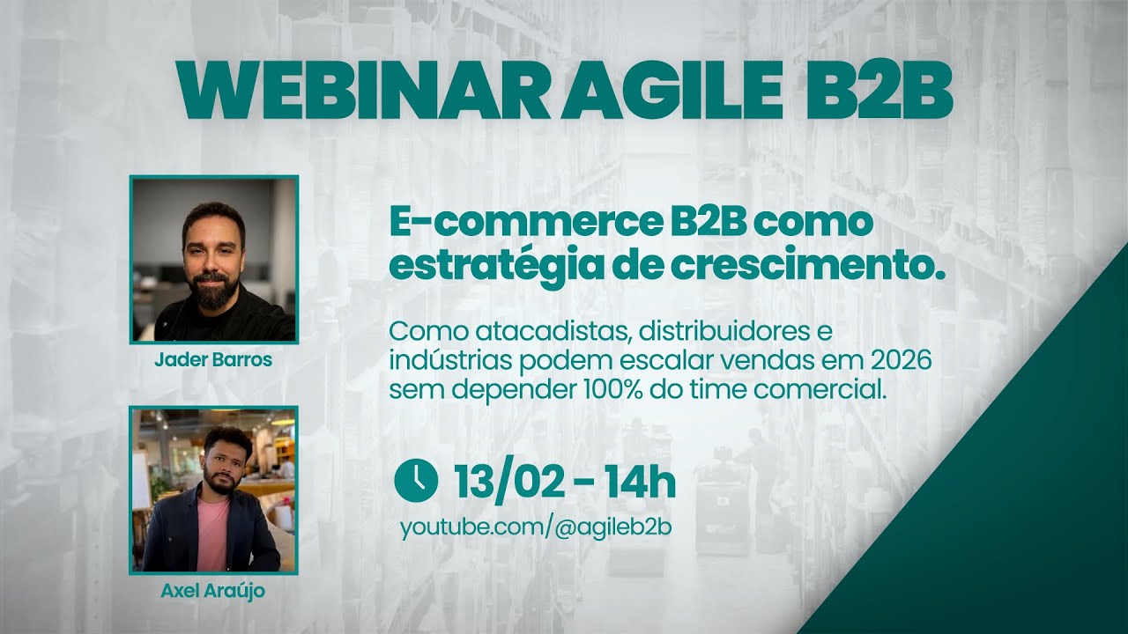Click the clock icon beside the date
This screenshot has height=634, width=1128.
click(x=416, y=480)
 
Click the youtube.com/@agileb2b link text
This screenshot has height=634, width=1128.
click(x=536, y=527)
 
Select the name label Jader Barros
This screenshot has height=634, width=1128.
click(x=213, y=360)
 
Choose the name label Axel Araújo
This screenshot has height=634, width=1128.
click(x=212, y=591)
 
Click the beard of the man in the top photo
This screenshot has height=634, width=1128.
click(x=212, y=293)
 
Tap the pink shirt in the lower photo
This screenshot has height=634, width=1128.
click(x=212, y=533)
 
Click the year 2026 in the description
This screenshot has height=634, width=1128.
click(x=900, y=361)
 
